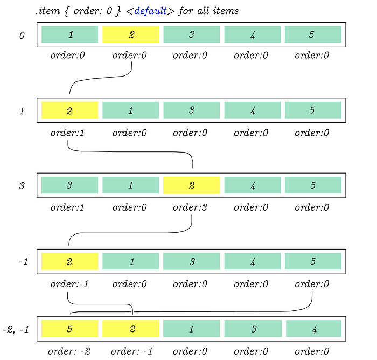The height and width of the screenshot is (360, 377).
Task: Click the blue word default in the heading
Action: point(150,11)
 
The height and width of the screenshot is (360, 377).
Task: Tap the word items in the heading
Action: point(226,11)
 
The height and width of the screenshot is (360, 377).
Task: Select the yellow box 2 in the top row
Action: point(130,34)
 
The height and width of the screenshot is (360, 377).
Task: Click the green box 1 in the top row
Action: point(69,34)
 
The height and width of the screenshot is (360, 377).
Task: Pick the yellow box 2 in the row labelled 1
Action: point(69,110)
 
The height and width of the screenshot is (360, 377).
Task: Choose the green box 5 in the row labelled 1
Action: point(313,110)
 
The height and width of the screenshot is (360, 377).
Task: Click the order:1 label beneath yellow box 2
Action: point(67,133)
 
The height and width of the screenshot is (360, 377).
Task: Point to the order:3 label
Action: point(190,207)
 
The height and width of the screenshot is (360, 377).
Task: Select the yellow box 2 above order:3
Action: point(192,185)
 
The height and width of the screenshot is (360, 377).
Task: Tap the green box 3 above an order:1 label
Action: point(69,185)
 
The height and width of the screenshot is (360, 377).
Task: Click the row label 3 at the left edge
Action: point(22,185)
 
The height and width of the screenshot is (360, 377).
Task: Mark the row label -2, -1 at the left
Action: point(16,329)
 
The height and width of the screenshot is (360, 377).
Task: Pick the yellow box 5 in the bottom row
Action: point(69,329)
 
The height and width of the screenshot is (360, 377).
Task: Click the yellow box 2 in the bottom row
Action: point(130,329)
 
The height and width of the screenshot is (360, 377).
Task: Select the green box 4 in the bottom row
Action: point(313,329)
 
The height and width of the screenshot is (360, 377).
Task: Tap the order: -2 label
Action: point(69,351)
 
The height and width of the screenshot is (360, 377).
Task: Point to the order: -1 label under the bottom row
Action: point(132,351)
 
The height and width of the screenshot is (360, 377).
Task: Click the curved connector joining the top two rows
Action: point(101,78)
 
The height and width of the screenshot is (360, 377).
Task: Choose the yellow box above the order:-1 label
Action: point(69,261)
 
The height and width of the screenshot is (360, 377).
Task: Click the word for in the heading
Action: point(186,11)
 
